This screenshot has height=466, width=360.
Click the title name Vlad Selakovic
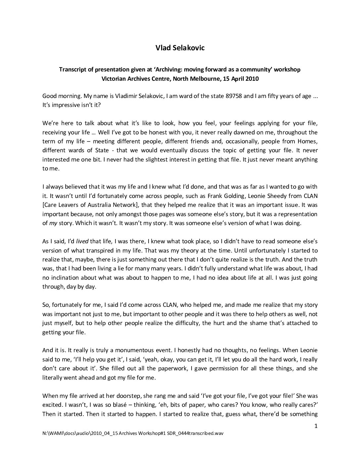[x=180, y=48]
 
